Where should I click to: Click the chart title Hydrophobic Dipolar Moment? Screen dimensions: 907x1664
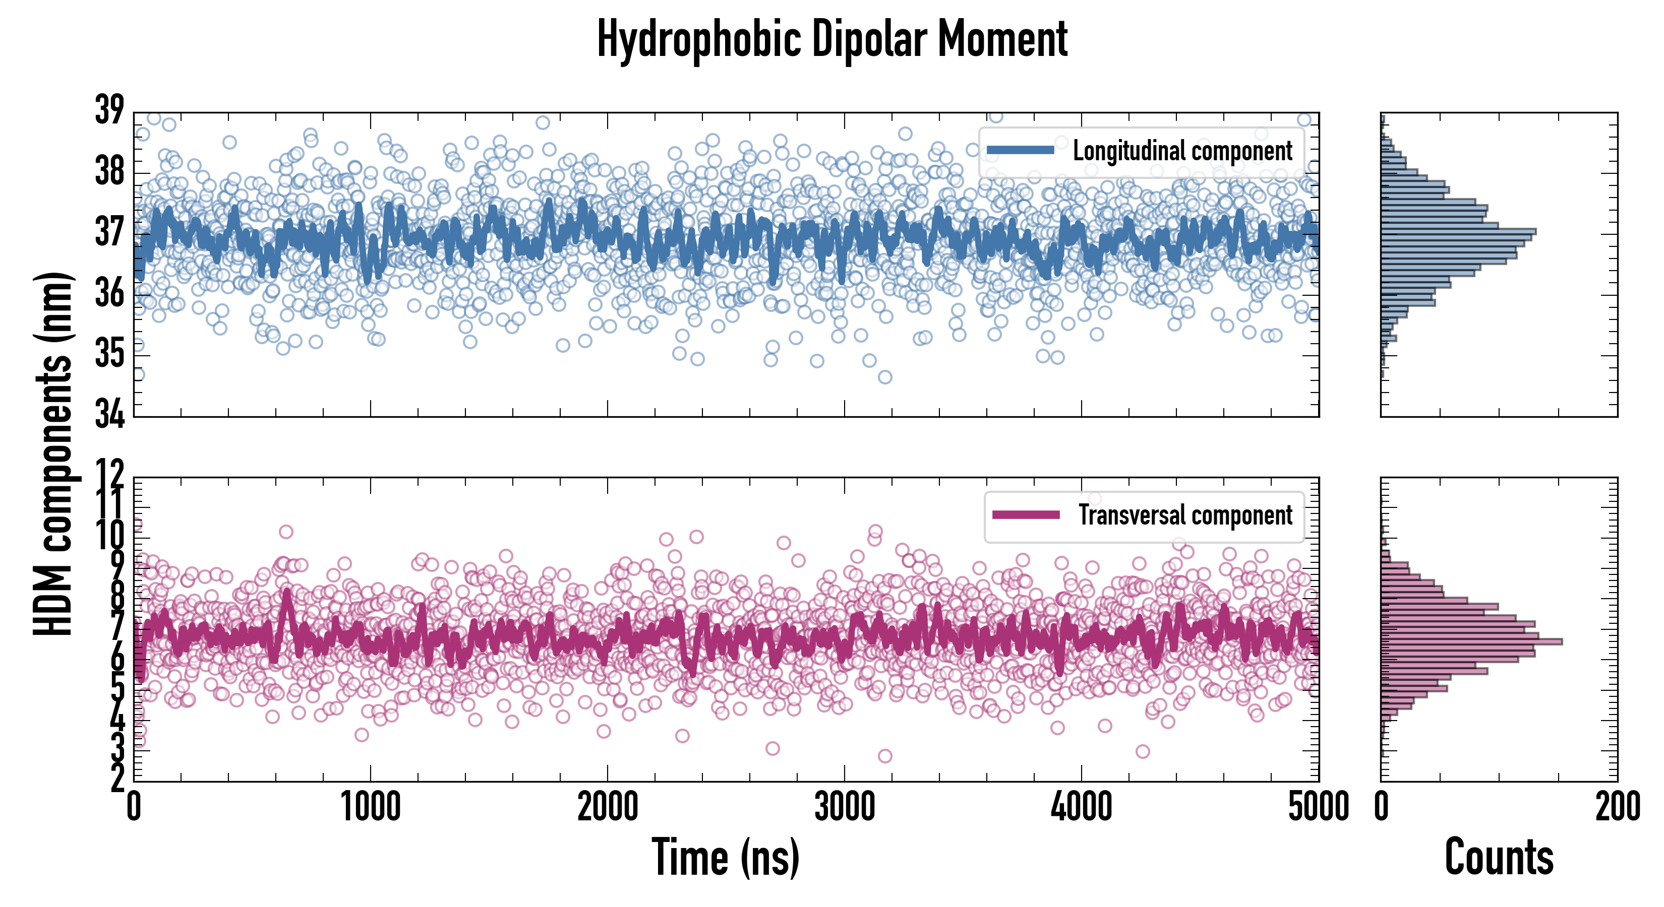[x=832, y=40]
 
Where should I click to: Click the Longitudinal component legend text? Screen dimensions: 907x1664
[x=1182, y=151]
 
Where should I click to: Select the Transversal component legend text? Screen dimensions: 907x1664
[x=1185, y=515]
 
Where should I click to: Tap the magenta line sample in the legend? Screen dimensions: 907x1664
[x=1026, y=514]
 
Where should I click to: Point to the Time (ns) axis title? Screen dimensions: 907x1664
[x=726, y=857]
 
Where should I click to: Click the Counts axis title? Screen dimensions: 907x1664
[x=1499, y=857]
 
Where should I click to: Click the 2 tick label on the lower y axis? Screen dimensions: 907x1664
[x=117, y=779]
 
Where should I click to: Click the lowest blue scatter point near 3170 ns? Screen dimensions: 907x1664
[x=885, y=377]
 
